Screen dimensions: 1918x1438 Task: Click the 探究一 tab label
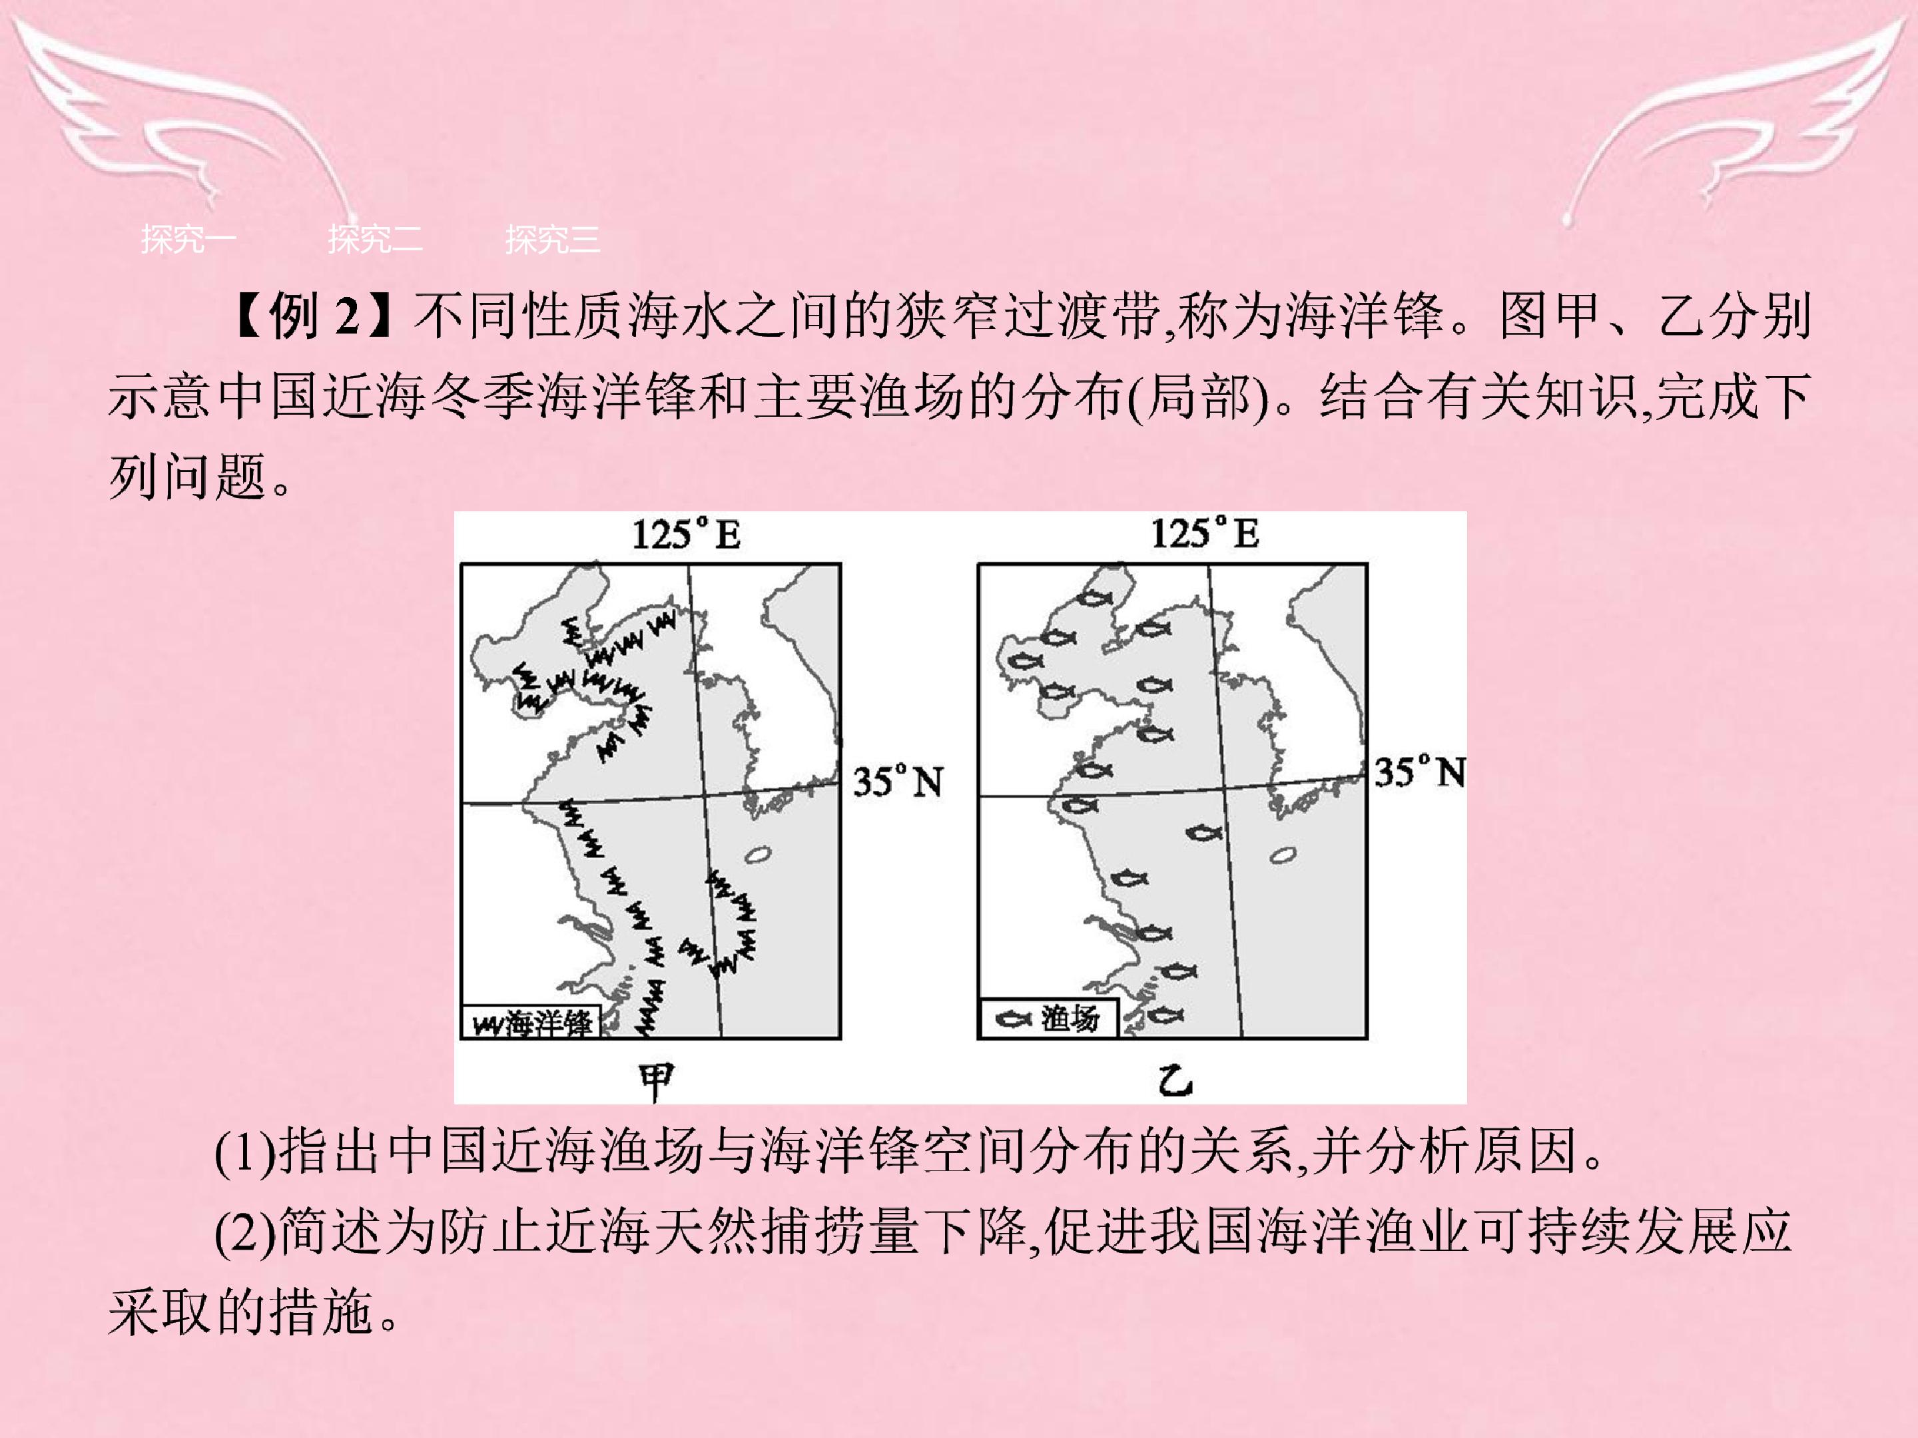tap(188, 238)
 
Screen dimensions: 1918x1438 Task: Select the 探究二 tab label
tap(374, 238)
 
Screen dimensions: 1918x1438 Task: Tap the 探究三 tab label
tap(552, 238)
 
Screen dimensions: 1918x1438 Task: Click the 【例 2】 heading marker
tap(313, 316)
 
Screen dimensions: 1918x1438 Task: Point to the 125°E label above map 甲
tap(686, 534)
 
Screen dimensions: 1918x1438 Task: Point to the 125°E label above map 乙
tap(1204, 533)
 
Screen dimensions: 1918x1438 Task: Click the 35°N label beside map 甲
tap(898, 782)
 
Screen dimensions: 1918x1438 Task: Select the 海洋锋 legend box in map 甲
tap(530, 1023)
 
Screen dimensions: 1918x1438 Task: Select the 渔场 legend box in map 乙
tap(1048, 1018)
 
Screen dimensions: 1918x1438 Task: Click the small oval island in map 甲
tap(757, 855)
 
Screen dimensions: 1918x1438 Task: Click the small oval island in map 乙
tap(1283, 855)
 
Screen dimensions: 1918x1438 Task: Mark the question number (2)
tap(245, 1232)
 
